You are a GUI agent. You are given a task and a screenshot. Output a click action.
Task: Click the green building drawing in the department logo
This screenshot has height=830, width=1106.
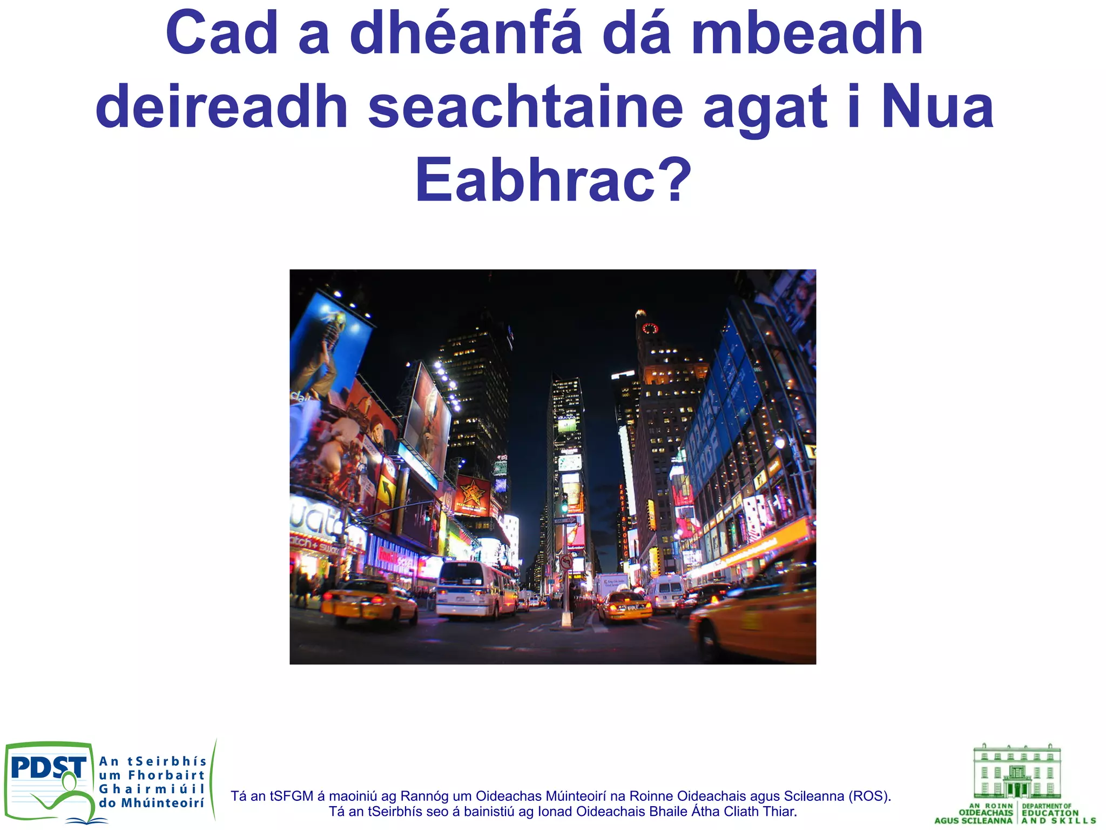pyautogui.click(x=1016, y=772)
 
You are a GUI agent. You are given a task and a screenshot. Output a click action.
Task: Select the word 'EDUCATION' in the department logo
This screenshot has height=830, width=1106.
pyautogui.click(x=1050, y=813)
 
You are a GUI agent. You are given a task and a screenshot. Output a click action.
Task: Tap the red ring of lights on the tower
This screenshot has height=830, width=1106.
pyautogui.click(x=650, y=328)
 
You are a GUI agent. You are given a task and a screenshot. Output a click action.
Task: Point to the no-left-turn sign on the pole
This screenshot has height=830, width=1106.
pyautogui.click(x=566, y=562)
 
